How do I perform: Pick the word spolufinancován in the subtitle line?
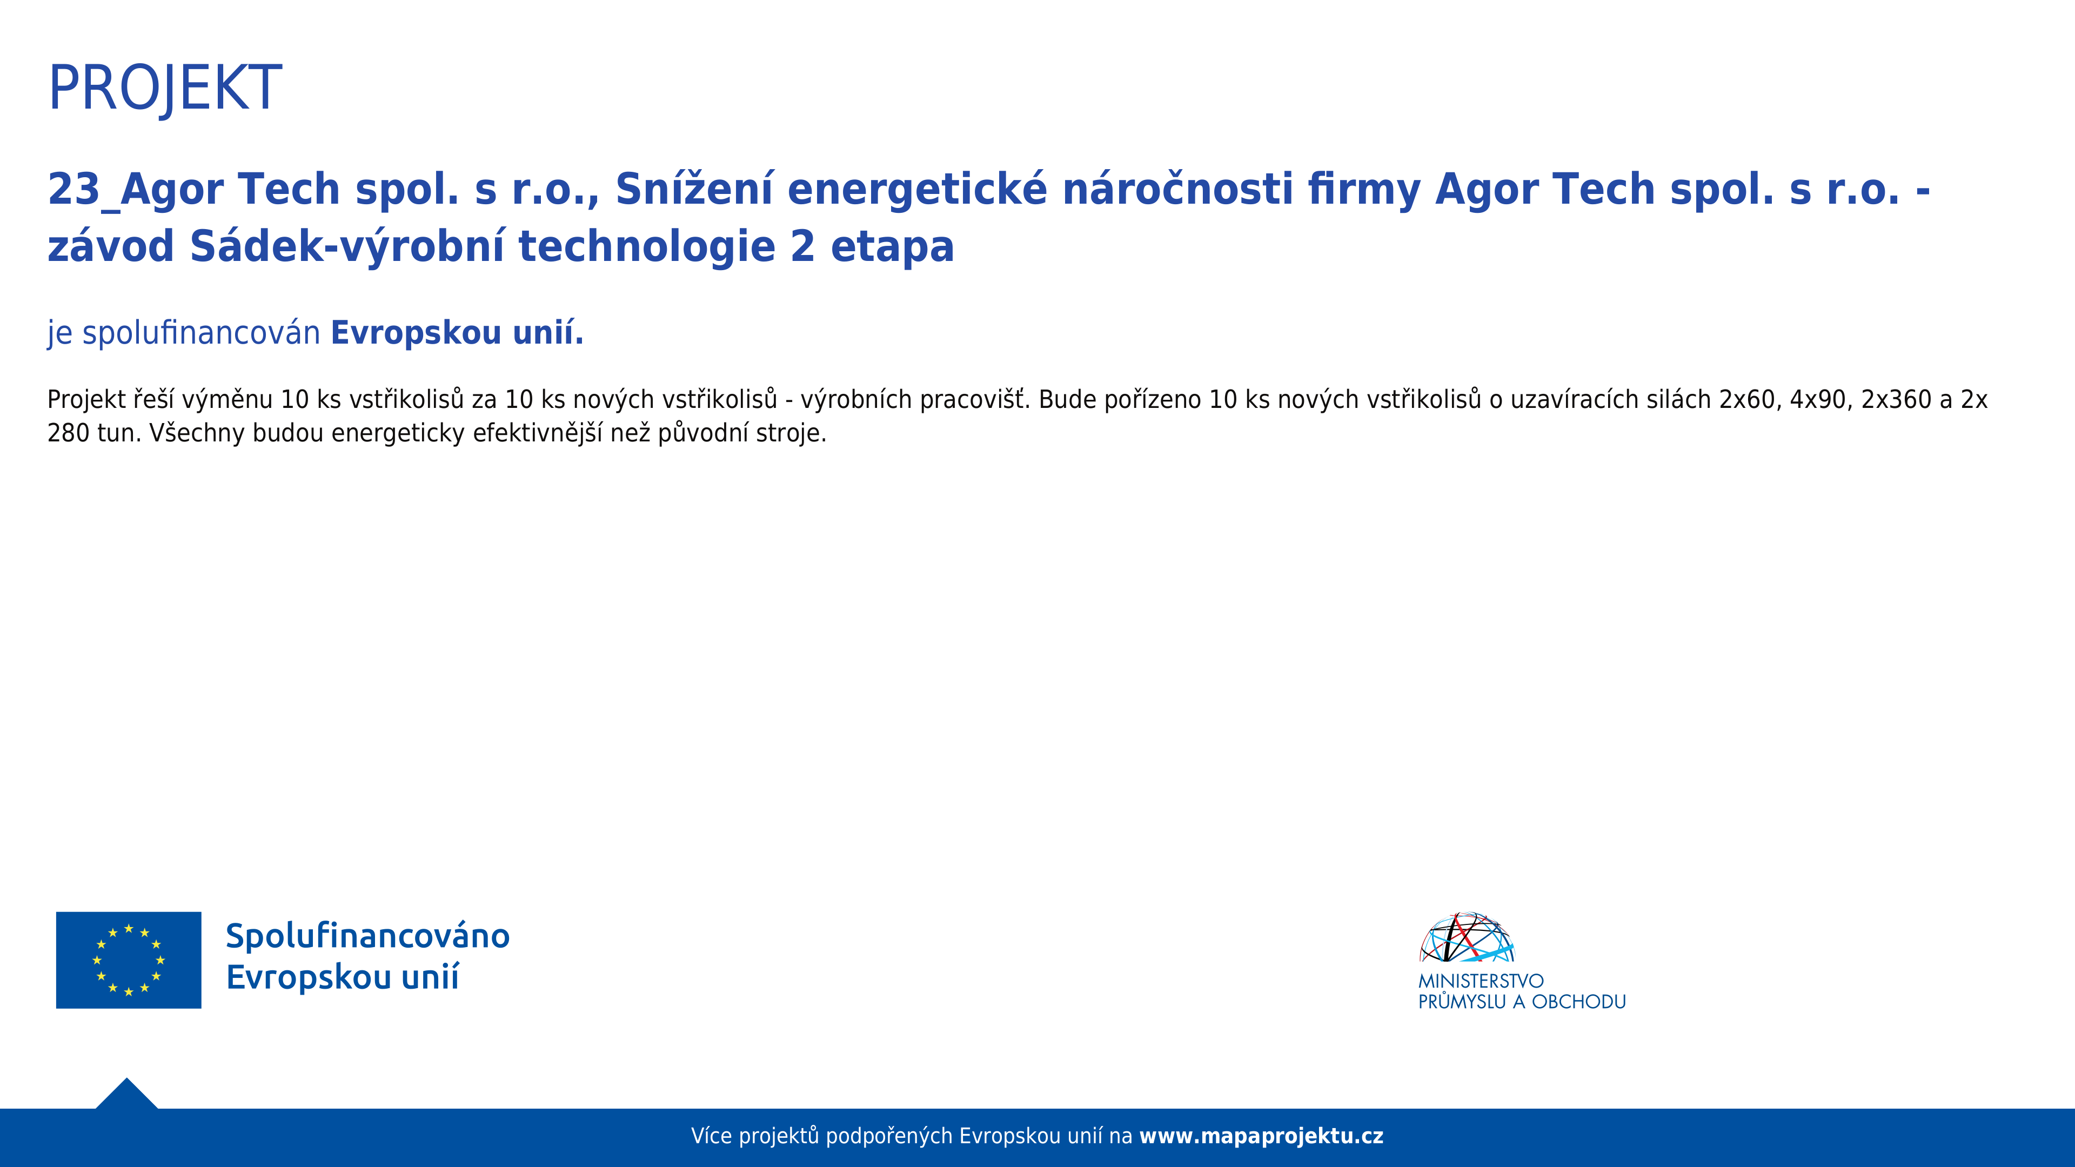[202, 333]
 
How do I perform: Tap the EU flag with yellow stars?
[129, 960]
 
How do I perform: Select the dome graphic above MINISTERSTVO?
[1467, 937]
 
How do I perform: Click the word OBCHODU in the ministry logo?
[1579, 1002]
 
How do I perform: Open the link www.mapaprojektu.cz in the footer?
[1261, 1136]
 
